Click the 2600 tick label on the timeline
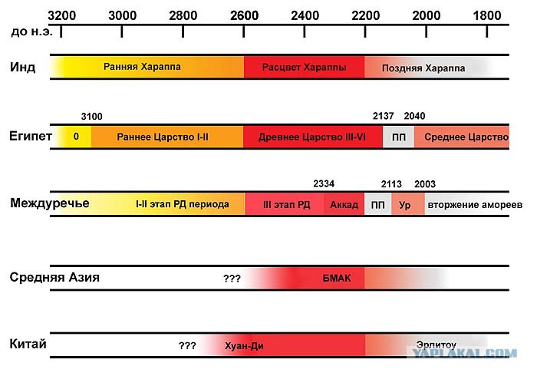pyautogui.click(x=244, y=15)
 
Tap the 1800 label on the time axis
pyautogui.click(x=487, y=15)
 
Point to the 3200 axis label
pyautogui.click(x=61, y=15)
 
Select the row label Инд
pyautogui.click(x=22, y=67)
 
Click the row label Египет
pyautogui.click(x=31, y=136)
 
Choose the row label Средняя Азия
pyautogui.click(x=54, y=277)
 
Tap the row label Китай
pyautogui.click(x=28, y=344)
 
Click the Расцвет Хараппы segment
pyautogui.click(x=304, y=67)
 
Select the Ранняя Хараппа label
pyautogui.click(x=142, y=67)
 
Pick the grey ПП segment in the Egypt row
pyautogui.click(x=399, y=137)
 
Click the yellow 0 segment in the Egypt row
pyautogui.click(x=76, y=137)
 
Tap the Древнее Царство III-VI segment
pyautogui.click(x=313, y=137)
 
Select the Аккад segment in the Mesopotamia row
pyautogui.click(x=344, y=204)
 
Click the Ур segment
pyautogui.click(x=408, y=204)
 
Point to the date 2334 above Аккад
pyautogui.click(x=324, y=184)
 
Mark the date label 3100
pyautogui.click(x=92, y=117)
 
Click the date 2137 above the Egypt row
pyautogui.click(x=384, y=116)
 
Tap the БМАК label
pyautogui.click(x=337, y=278)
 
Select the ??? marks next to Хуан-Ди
pyautogui.click(x=187, y=345)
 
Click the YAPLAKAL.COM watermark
pyautogui.click(x=464, y=353)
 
